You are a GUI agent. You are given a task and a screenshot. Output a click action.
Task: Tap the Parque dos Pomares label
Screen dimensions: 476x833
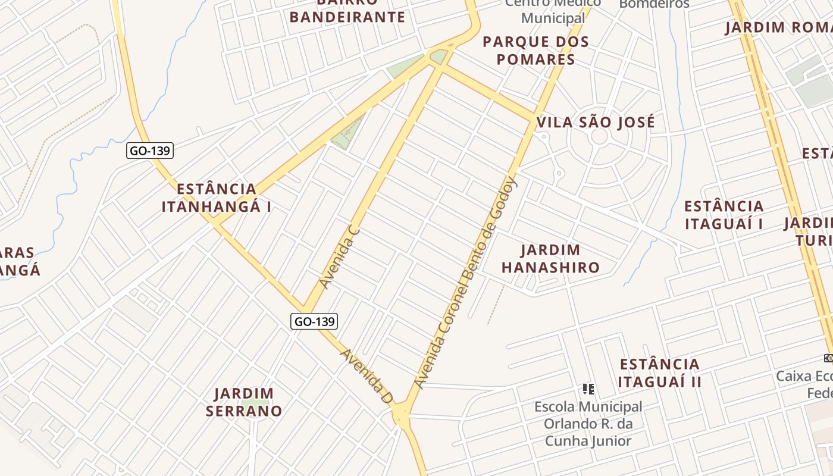point(535,51)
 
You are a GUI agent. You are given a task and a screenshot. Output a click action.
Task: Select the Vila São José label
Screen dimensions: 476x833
point(596,123)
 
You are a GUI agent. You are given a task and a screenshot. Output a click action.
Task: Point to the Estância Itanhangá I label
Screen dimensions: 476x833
point(217,198)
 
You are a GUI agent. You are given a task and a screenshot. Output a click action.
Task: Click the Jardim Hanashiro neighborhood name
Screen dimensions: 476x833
point(550,259)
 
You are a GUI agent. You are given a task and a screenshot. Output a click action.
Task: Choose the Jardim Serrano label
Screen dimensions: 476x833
point(244,402)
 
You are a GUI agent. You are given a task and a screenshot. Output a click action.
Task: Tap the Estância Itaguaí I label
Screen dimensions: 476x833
point(724,215)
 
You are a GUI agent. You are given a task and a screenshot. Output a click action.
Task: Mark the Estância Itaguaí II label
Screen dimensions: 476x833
point(659,373)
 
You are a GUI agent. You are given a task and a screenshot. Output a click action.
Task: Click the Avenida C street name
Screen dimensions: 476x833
point(340,257)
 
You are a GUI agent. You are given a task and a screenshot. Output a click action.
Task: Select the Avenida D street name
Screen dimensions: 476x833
point(366,377)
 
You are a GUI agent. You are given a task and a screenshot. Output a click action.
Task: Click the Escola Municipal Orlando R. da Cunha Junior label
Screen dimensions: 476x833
point(588,424)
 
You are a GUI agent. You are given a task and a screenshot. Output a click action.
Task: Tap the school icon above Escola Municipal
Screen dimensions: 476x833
point(588,389)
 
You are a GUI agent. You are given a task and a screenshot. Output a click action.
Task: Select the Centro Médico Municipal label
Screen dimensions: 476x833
point(553,11)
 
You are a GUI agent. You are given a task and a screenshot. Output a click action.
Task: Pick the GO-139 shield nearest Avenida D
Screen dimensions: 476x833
point(315,321)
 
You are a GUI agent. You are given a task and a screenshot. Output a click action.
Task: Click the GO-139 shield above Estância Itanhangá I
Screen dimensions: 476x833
point(150,151)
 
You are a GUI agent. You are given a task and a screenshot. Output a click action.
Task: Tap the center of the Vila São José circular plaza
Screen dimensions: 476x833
point(599,137)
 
